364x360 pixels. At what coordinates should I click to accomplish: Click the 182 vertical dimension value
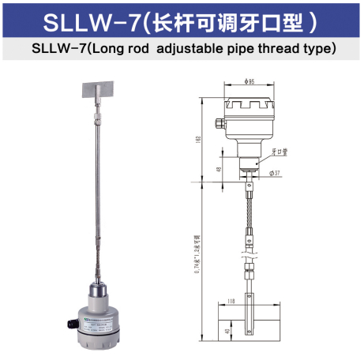pos(197,139)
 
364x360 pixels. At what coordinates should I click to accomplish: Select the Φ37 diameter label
pos(276,172)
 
